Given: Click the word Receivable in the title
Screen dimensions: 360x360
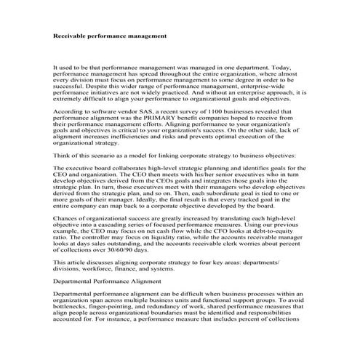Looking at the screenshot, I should [x=71, y=35].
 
